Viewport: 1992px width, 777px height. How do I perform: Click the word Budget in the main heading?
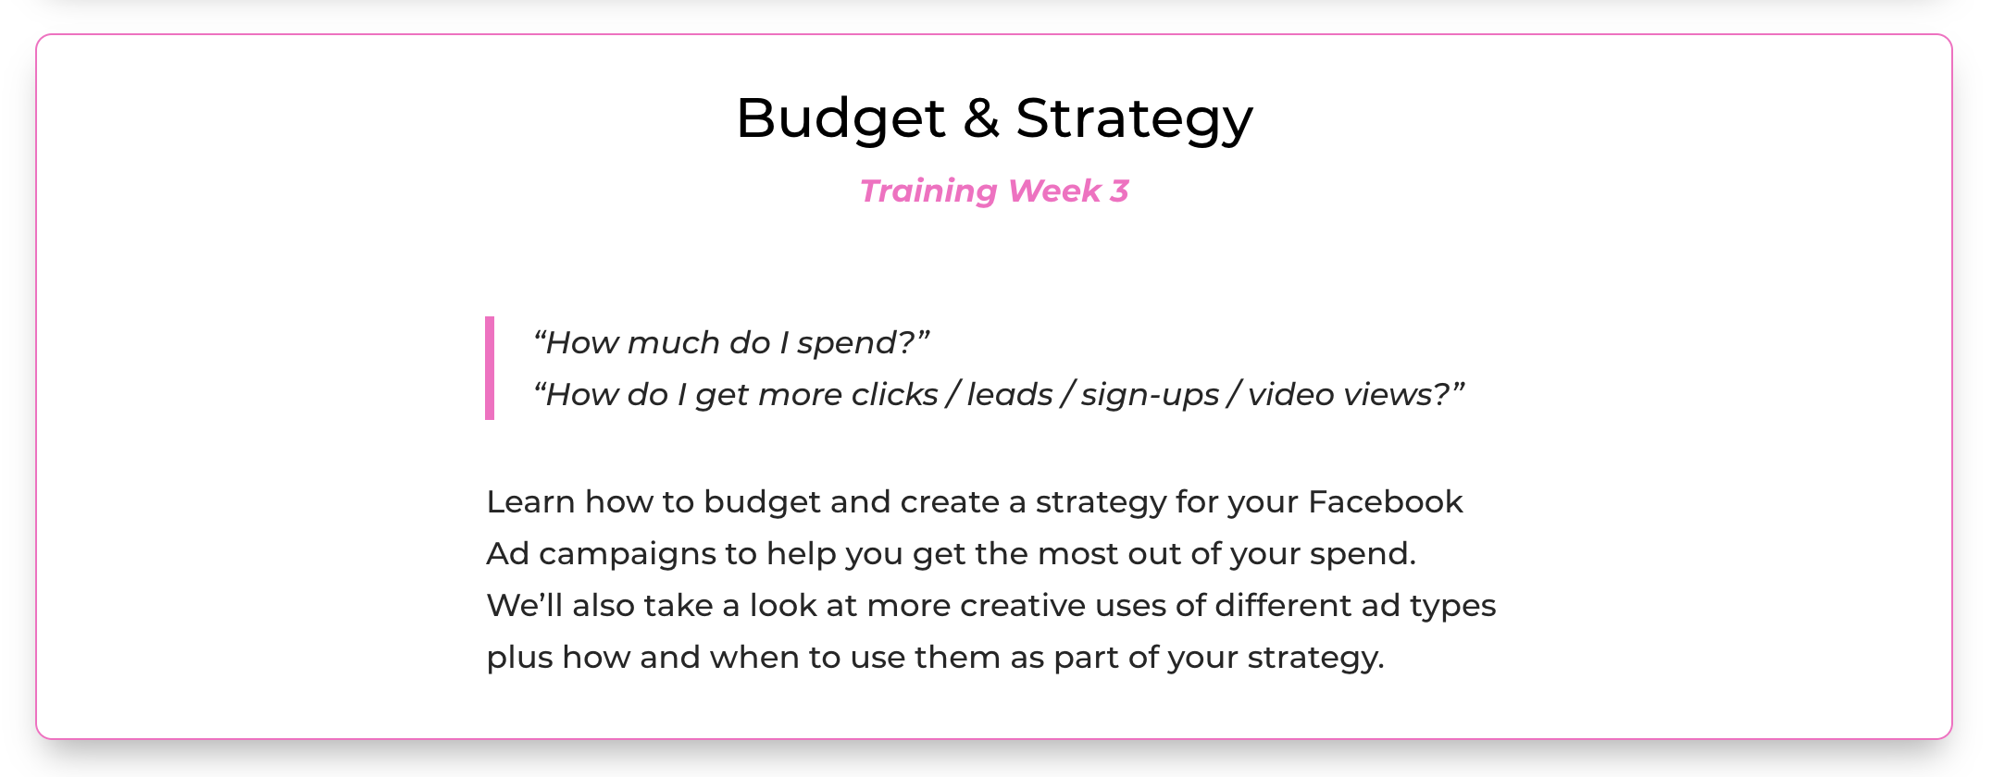point(840,119)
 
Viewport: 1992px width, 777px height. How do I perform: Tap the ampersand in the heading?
point(981,117)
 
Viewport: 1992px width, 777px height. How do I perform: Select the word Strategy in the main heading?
point(1134,119)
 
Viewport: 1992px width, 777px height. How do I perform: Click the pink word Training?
point(928,191)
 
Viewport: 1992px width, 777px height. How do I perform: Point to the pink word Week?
point(1054,191)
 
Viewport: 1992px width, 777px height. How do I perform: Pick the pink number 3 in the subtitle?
point(1120,191)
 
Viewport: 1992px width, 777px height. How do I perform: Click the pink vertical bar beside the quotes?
point(490,368)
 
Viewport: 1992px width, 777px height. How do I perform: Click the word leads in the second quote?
point(1010,394)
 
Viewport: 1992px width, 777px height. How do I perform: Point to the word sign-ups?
point(1150,396)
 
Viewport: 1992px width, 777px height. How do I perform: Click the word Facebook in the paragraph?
point(1386,501)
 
